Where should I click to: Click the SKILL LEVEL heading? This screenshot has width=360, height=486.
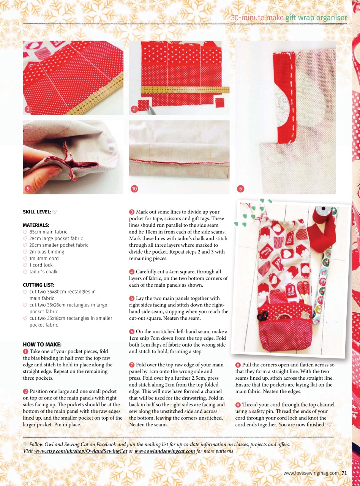point(37,212)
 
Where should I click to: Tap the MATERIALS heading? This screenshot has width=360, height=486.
point(36,225)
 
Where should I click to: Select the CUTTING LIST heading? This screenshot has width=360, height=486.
point(38,285)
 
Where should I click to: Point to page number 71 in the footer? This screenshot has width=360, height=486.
point(344,473)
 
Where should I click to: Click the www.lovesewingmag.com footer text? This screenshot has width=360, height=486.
point(311,473)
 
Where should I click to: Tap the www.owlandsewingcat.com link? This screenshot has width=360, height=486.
point(165,451)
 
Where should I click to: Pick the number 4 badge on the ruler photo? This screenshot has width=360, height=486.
point(134,110)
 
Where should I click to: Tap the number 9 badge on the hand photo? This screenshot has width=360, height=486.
point(28,189)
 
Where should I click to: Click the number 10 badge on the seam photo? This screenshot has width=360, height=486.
point(134,189)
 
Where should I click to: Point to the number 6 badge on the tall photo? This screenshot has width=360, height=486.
point(240,189)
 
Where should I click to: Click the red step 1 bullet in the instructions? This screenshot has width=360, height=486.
point(25,351)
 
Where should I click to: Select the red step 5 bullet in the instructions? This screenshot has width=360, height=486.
point(132,298)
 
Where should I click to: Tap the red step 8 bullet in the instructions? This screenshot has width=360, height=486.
point(238,365)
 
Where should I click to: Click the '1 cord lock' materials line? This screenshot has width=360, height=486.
point(41,265)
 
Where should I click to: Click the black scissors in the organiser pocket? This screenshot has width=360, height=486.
point(262,316)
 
